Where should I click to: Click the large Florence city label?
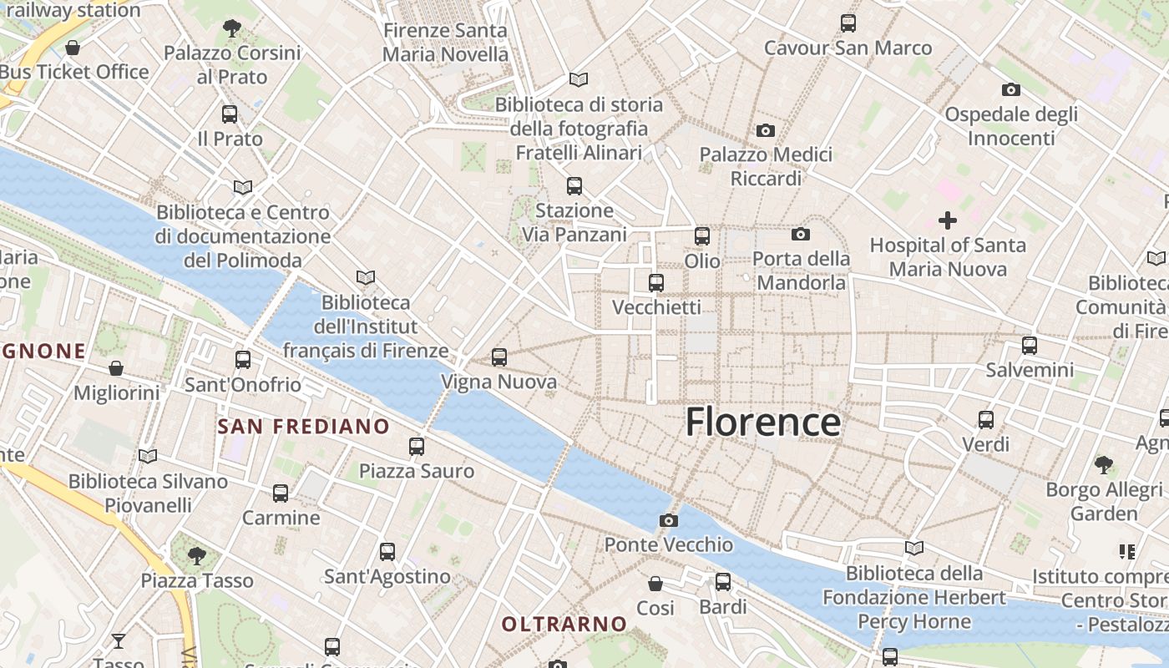pyautogui.click(x=762, y=422)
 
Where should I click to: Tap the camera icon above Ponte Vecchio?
pyautogui.click(x=668, y=521)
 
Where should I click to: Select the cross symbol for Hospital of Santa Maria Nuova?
pyautogui.click(x=947, y=220)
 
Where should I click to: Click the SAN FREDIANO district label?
pyautogui.click(x=303, y=427)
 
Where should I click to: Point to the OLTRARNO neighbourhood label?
pyautogui.click(x=564, y=624)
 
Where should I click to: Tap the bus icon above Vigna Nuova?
pyautogui.click(x=499, y=357)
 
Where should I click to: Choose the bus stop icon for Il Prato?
pyautogui.click(x=230, y=114)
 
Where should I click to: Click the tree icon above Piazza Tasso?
pyautogui.click(x=196, y=555)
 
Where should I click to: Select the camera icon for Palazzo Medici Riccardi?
pyautogui.click(x=765, y=130)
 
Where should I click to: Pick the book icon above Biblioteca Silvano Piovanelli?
pyautogui.click(x=148, y=456)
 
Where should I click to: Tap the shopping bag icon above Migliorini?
pyautogui.click(x=116, y=368)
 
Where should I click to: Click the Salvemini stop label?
pyautogui.click(x=1030, y=369)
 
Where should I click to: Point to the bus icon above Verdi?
pyautogui.click(x=986, y=420)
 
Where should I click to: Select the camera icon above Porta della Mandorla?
pyautogui.click(x=800, y=235)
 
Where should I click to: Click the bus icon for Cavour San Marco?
pyautogui.click(x=848, y=23)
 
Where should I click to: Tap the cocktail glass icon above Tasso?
pyautogui.click(x=119, y=641)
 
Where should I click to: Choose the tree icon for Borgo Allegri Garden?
pyautogui.click(x=1103, y=464)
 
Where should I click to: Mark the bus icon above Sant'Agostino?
pyautogui.click(x=387, y=552)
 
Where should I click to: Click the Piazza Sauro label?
pyautogui.click(x=416, y=471)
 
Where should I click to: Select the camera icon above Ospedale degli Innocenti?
pyautogui.click(x=1010, y=89)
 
